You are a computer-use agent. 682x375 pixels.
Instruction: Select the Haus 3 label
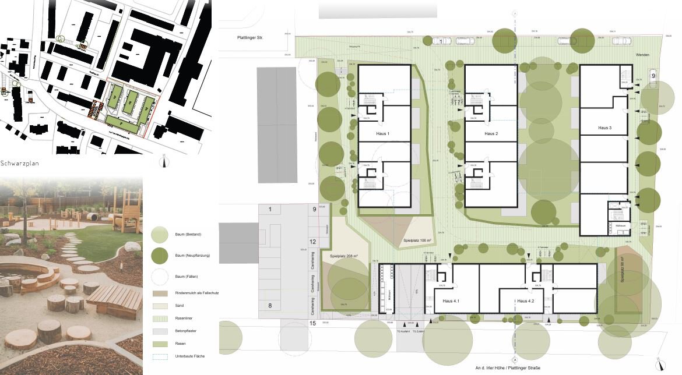[604, 128]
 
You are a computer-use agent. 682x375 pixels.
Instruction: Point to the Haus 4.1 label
[451, 301]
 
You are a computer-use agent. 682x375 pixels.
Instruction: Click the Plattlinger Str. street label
[250, 38]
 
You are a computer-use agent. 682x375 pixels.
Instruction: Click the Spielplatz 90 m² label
[623, 270]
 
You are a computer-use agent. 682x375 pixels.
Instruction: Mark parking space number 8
[270, 305]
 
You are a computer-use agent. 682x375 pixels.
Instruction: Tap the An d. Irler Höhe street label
[514, 368]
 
